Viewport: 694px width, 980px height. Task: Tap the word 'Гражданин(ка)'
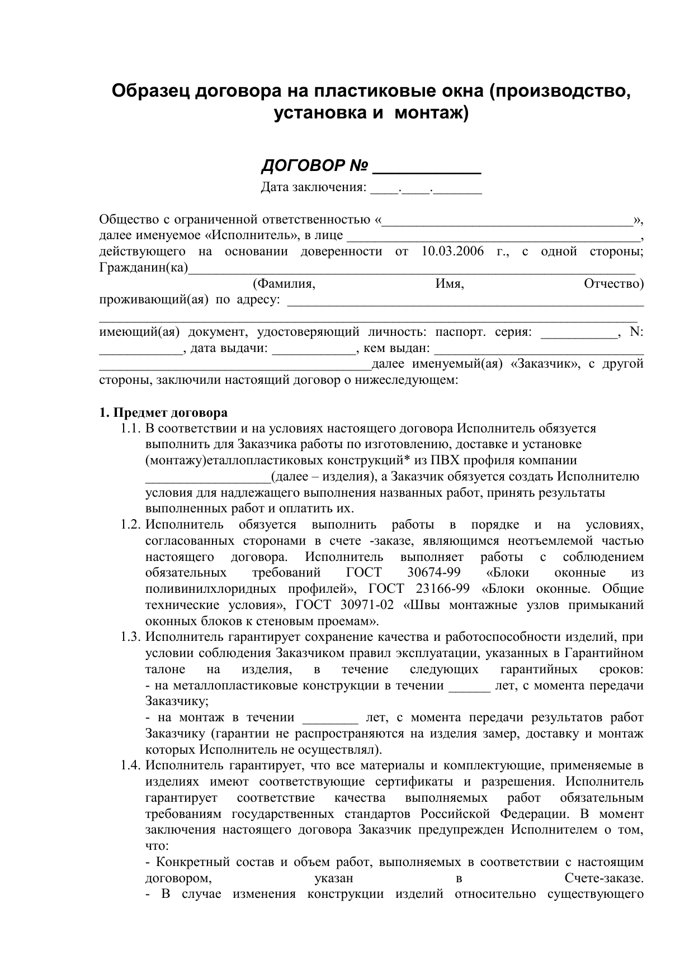(x=144, y=268)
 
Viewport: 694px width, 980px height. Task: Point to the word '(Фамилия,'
(x=284, y=284)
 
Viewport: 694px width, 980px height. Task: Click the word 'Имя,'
(x=450, y=284)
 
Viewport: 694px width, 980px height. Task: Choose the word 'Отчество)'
(x=613, y=284)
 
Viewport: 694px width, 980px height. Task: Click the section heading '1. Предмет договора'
(x=163, y=413)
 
